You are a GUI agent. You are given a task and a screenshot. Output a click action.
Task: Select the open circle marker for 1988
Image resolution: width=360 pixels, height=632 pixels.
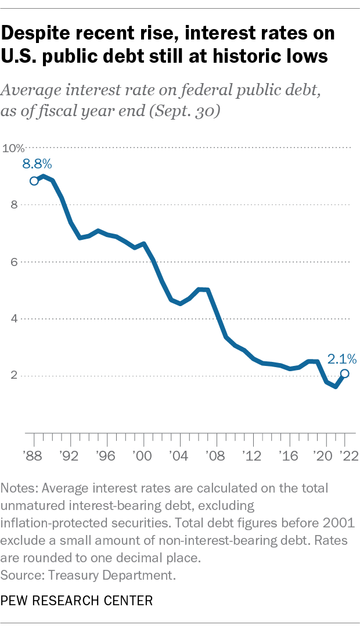[34, 181]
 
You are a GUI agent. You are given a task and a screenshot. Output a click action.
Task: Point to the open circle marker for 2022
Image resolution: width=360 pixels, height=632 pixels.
[344, 374]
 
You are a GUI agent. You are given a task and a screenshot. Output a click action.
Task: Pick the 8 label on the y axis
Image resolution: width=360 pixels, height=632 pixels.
[13, 204]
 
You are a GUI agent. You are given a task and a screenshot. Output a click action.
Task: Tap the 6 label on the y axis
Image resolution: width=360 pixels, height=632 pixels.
[13, 261]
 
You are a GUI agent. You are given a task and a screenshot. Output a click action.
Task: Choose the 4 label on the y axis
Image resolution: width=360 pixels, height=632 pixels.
[13, 318]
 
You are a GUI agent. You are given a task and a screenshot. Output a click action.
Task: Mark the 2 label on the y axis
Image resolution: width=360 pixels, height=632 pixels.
[13, 375]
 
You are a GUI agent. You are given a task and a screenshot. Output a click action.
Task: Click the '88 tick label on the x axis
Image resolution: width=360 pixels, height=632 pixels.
[34, 455]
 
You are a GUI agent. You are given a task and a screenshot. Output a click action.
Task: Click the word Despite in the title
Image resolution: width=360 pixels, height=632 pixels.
[38, 33]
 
